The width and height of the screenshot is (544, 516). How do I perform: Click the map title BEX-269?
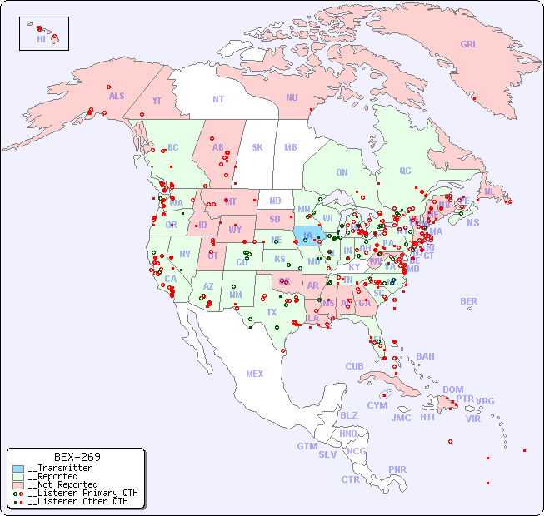[77, 457]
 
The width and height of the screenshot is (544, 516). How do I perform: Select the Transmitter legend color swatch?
[18, 469]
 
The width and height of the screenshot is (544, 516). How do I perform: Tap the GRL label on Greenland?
[469, 45]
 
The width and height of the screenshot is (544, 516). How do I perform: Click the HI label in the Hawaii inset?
[41, 39]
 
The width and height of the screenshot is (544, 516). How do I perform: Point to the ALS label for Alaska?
[117, 96]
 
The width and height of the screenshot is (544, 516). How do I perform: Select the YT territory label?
[157, 101]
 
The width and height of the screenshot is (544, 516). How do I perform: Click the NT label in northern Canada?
[218, 99]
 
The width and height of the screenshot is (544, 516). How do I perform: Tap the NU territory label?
[292, 97]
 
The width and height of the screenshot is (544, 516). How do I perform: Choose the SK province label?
[257, 147]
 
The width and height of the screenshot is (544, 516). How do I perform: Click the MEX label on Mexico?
[255, 374]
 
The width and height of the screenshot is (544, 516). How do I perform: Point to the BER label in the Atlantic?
[469, 301]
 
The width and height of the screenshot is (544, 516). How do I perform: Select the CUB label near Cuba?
[355, 366]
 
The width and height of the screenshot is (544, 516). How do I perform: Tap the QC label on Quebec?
[405, 171]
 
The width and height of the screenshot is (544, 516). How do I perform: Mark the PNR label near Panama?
[397, 469]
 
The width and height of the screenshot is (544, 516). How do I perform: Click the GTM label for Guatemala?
[307, 446]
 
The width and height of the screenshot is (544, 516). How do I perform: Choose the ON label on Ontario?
[342, 172]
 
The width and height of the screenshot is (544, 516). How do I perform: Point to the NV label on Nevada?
[185, 254]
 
